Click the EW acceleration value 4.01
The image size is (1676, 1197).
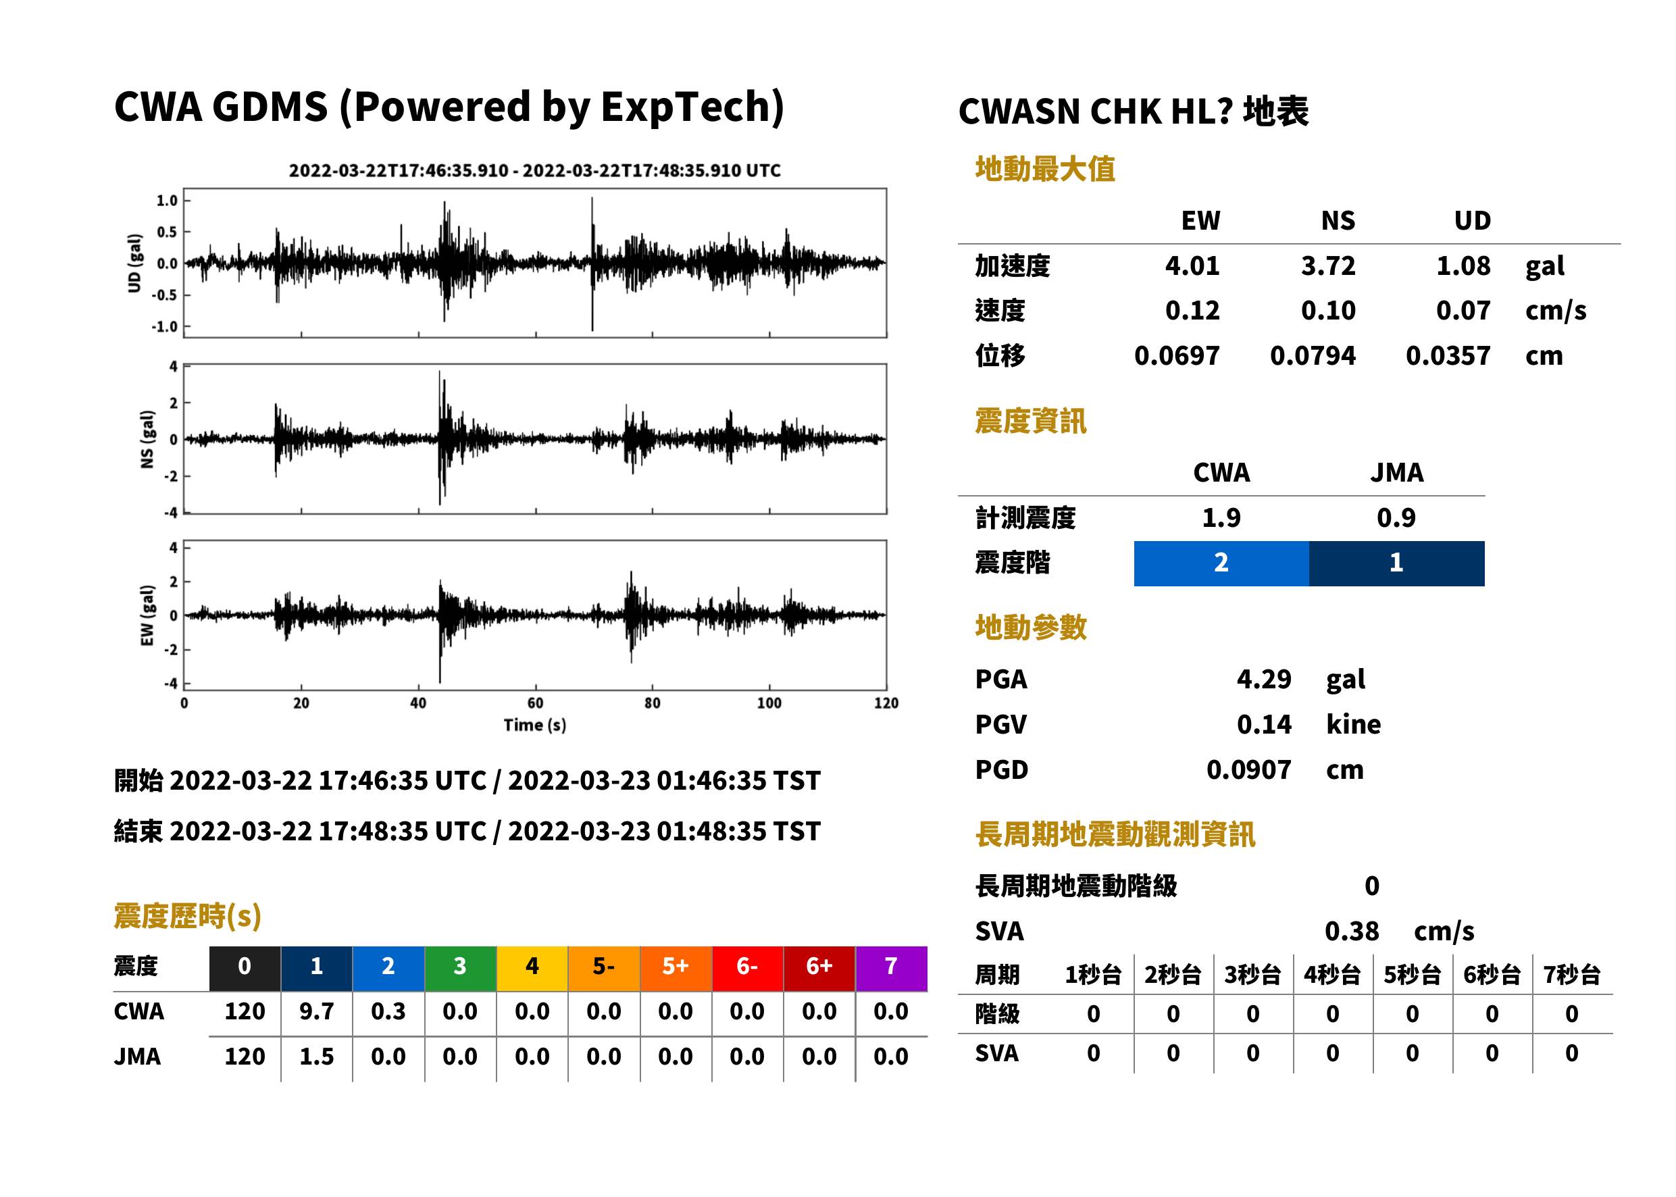point(1192,266)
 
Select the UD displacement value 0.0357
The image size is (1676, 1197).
point(1448,356)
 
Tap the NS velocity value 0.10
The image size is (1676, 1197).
point(1328,311)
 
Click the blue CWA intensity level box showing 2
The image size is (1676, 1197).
point(1221,563)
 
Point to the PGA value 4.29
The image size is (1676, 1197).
point(1264,679)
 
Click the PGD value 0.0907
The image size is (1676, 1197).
point(1248,769)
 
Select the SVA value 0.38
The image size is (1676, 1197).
point(1352,931)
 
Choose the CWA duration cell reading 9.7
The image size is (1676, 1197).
point(317,1011)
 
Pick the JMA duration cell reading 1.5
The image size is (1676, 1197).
point(317,1056)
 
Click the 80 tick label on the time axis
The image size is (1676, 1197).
point(653,703)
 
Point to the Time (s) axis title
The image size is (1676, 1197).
point(535,725)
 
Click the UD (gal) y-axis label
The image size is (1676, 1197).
point(134,263)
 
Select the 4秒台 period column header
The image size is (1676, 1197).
point(1331,974)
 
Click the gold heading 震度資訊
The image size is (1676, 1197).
point(1030,421)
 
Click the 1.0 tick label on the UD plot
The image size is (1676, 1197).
point(168,201)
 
